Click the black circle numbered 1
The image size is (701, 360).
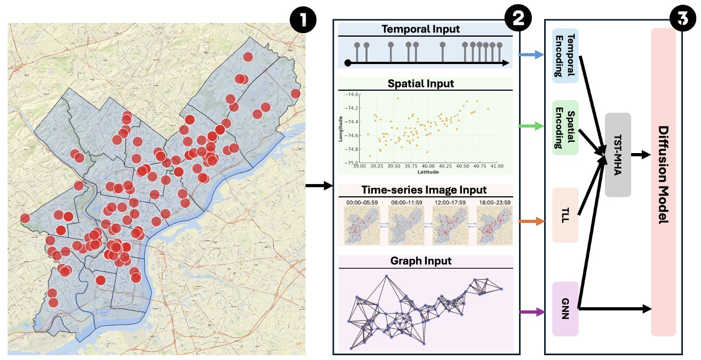click(303, 20)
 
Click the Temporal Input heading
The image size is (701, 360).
click(425, 30)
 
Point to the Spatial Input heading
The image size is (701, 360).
click(425, 84)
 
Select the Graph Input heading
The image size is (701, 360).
click(425, 261)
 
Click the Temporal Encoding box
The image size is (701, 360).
click(565, 55)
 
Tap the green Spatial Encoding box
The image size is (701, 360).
click(565, 127)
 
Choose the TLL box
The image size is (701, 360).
click(565, 215)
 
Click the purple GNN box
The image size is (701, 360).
click(565, 309)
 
